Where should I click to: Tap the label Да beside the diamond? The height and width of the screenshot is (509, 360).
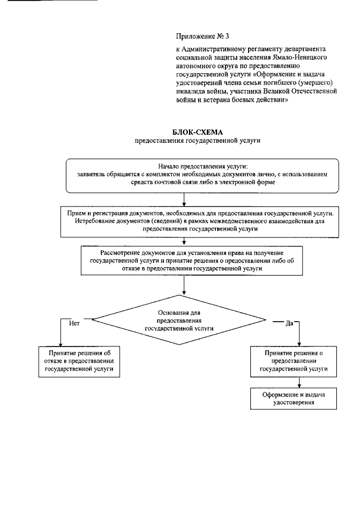(x=290, y=323)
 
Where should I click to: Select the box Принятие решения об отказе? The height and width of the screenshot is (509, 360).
(x=79, y=360)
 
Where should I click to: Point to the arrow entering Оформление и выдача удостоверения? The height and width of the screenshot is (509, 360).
(x=299, y=382)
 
